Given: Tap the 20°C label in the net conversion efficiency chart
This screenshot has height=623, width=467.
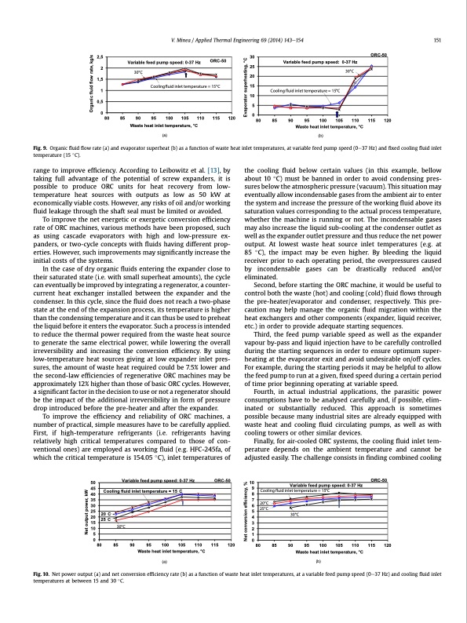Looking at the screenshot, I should pyautogui.click(x=265, y=525).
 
